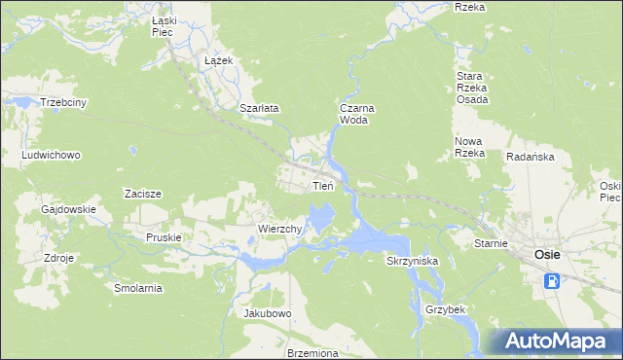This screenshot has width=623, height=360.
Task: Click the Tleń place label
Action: (x=323, y=185)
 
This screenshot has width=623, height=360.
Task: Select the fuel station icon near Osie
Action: (x=552, y=281)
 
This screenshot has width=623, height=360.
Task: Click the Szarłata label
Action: (x=259, y=109)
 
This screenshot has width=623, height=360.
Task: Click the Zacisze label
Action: (x=142, y=194)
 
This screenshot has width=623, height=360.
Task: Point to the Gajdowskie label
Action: (x=68, y=209)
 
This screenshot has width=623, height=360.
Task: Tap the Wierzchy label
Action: (x=282, y=229)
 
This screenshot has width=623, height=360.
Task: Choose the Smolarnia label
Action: (x=137, y=289)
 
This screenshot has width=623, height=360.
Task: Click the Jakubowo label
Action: (x=268, y=313)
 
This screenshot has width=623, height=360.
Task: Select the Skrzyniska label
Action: (x=413, y=262)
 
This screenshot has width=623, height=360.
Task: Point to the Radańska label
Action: (x=530, y=157)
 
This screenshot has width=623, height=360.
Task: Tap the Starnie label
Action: (x=492, y=243)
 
